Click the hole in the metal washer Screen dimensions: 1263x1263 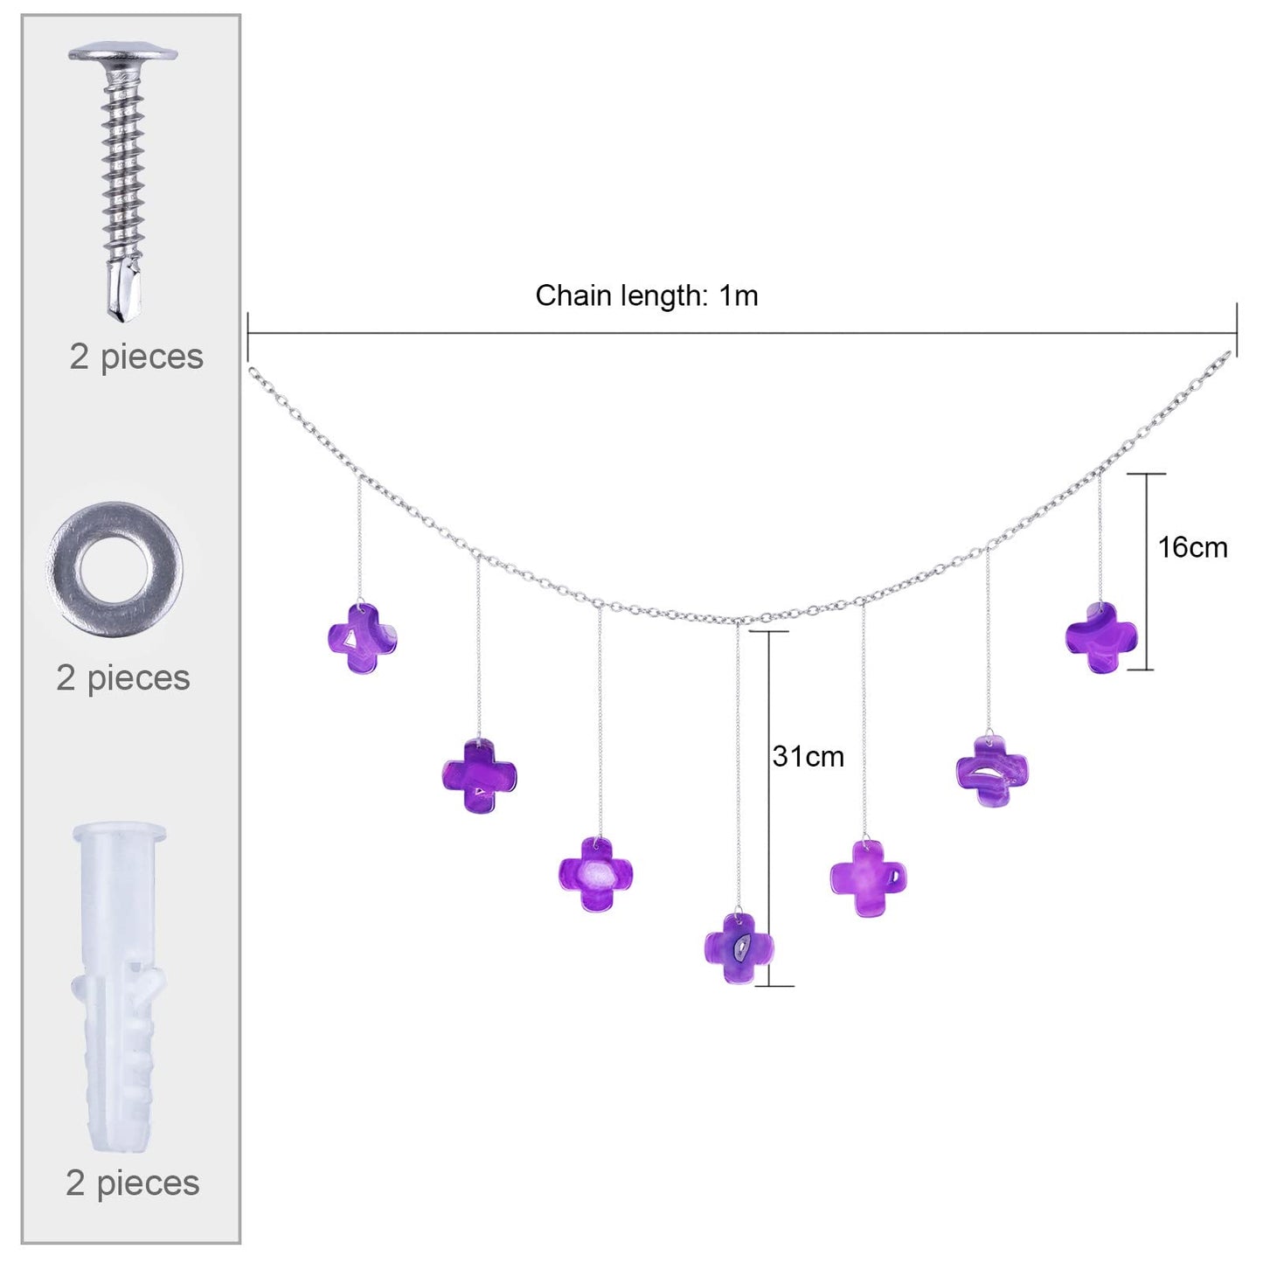(x=114, y=567)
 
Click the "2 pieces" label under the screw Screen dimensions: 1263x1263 (x=136, y=357)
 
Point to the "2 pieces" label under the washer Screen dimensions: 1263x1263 (x=123, y=678)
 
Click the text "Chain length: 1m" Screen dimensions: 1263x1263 (x=647, y=295)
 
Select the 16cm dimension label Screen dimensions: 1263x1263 (x=1192, y=547)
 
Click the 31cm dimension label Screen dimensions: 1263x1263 (x=808, y=756)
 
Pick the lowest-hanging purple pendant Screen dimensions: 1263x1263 (x=739, y=947)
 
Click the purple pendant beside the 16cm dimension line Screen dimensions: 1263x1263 (x=1101, y=637)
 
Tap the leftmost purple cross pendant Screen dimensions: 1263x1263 (x=363, y=639)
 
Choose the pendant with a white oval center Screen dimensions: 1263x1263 (x=596, y=874)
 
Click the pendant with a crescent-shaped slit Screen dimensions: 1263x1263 (x=992, y=772)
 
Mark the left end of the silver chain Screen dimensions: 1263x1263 (x=250, y=371)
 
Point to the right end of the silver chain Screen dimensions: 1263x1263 (x=1229, y=354)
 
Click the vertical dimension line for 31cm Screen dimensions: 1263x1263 (x=769, y=808)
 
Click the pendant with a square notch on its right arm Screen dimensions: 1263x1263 (x=869, y=879)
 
